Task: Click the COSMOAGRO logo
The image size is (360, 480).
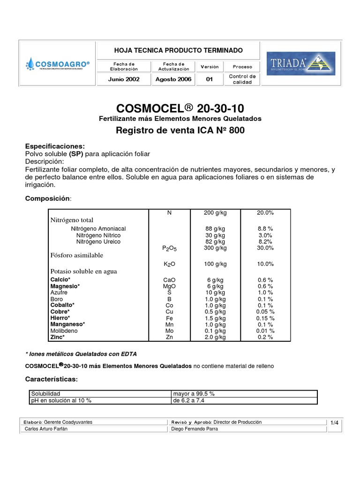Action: tap(58, 63)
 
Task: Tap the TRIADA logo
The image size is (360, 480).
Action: tap(300, 63)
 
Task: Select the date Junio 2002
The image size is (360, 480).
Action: tap(124, 79)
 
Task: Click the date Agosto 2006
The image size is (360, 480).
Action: tap(174, 79)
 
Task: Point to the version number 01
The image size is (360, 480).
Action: tap(210, 79)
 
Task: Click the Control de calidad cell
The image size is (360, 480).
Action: tap(242, 79)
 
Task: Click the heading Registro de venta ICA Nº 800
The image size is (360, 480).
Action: tap(180, 130)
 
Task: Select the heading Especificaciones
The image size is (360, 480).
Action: tap(55, 146)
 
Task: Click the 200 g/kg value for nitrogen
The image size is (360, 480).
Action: tap(215, 212)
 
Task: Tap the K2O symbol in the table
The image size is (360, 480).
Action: tap(169, 264)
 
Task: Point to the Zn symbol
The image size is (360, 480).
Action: tap(169, 337)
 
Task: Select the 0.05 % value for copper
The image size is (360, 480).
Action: tap(265, 312)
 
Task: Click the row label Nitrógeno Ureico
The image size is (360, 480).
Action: tap(98, 242)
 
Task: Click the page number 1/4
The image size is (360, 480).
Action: tap(334, 423)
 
